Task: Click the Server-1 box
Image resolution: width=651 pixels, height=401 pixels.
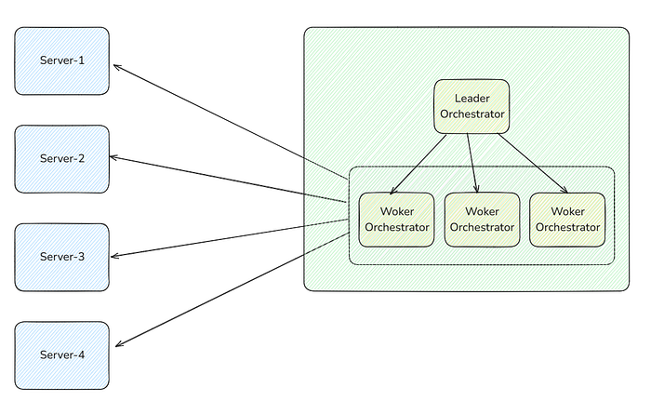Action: point(62,61)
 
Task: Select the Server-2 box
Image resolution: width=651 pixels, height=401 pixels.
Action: point(62,159)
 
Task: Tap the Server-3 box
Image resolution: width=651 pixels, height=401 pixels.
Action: point(62,257)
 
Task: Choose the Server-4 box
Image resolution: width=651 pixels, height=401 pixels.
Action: point(62,355)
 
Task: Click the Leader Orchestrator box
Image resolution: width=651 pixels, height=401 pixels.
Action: point(472,106)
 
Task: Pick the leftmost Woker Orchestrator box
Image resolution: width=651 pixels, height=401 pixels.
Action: point(396,220)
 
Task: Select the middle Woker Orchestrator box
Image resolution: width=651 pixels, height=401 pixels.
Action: point(482,220)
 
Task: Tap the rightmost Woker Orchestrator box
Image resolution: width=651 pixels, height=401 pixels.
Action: point(567,220)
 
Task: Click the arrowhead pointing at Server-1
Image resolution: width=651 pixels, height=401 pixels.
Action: point(115,66)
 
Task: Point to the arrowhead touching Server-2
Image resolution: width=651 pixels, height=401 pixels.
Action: point(112,157)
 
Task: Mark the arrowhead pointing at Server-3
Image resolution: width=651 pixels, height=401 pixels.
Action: point(113,256)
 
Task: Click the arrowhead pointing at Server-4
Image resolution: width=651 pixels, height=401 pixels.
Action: point(117,345)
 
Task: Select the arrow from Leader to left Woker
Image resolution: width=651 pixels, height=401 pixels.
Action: point(418,164)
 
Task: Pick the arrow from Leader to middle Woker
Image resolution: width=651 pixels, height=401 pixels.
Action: point(472,163)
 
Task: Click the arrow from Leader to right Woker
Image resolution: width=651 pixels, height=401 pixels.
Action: point(533,163)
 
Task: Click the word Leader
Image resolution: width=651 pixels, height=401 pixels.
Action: point(472,99)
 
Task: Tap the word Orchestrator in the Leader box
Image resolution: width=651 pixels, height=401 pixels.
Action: point(472,114)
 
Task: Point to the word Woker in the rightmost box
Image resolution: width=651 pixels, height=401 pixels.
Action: point(567,211)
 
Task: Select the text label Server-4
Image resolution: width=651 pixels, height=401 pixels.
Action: point(62,354)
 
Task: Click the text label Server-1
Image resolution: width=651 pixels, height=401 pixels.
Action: point(62,60)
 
